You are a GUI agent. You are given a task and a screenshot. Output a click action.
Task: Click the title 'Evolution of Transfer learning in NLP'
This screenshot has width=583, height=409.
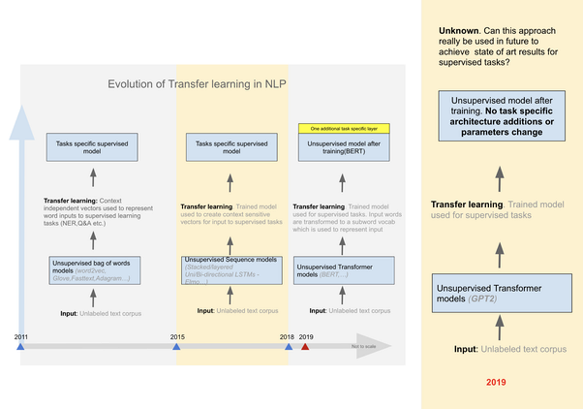coord(197,84)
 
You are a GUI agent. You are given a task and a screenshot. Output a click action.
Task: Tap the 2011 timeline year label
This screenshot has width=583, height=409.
coord(21,337)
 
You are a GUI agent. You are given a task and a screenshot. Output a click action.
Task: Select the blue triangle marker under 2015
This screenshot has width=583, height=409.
coord(177,346)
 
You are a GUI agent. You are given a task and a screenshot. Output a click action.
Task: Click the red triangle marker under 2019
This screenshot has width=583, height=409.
coord(305,346)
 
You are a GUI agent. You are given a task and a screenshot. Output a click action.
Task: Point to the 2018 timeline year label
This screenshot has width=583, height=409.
coord(287,337)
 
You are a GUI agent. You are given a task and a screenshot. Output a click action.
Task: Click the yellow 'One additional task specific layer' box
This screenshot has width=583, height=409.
coord(344,128)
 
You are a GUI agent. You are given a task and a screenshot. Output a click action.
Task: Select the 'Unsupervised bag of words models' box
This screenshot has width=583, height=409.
coord(95,271)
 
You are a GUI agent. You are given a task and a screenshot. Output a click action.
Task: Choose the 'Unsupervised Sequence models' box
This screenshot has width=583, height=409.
coord(232,271)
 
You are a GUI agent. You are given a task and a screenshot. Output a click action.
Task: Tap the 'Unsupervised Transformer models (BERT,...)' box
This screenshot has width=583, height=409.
coord(344,271)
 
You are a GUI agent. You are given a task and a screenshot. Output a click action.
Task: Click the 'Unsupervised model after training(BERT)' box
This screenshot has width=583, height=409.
coord(344,148)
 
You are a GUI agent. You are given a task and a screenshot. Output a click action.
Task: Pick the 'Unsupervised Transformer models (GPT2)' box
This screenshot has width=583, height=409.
coord(502,293)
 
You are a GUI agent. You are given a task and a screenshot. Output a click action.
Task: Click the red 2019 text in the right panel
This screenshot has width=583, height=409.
coord(496,382)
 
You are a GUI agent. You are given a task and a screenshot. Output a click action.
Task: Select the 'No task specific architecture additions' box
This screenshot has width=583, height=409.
coord(502,116)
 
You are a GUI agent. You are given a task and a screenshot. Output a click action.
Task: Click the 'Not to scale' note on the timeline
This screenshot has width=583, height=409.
coord(364,346)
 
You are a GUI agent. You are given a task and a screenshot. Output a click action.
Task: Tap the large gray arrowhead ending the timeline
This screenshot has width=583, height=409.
coord(372,346)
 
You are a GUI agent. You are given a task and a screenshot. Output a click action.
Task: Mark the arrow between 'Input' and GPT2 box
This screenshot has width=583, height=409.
coord(500,327)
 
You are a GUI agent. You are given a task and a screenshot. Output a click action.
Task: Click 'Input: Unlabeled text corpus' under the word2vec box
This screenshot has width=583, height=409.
coord(101,314)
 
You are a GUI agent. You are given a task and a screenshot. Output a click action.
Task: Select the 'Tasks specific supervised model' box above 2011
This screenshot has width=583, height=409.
coord(92,147)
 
